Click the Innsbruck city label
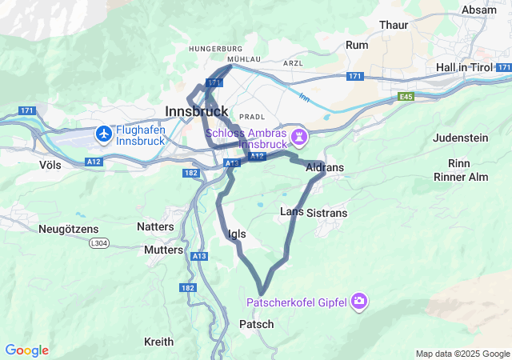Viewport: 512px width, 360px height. point(196,110)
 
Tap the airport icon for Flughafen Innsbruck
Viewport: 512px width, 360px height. point(103,134)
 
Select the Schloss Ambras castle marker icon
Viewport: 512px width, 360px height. point(299,137)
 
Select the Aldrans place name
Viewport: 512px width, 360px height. point(324,167)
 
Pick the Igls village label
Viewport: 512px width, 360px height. point(237,234)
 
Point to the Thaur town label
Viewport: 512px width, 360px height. point(394,26)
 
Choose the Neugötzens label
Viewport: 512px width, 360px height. point(67,229)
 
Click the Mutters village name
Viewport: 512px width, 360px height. point(163,250)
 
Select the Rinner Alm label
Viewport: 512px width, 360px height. point(461,175)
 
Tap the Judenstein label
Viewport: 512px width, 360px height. point(459,138)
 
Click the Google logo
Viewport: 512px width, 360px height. point(26,350)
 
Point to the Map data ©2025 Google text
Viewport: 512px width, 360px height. point(462,354)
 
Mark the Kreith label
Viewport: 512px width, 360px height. point(158,342)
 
